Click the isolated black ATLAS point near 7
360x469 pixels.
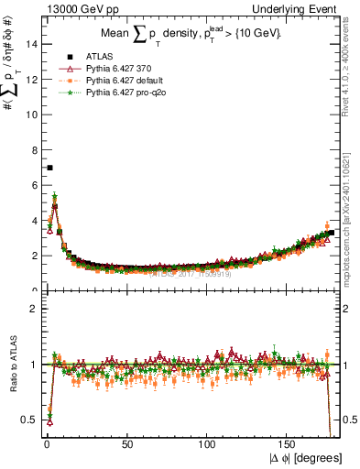click(49, 168)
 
